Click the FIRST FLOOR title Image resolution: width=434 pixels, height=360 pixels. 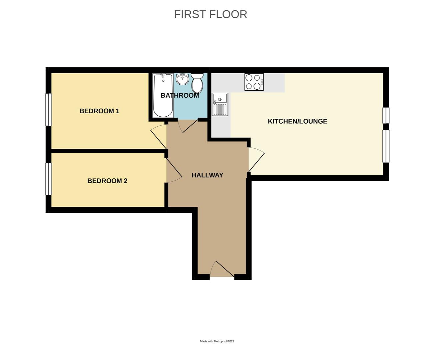[211, 14]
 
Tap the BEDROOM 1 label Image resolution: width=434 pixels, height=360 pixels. [99, 111]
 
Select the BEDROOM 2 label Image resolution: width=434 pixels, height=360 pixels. [107, 181]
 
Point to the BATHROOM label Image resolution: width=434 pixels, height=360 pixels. [180, 95]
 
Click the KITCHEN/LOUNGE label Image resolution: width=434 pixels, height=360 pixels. [297, 121]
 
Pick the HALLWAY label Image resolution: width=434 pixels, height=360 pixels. [207, 175]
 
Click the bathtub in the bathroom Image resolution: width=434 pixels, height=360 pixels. [163, 95]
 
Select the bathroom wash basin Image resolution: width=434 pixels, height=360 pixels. [182, 79]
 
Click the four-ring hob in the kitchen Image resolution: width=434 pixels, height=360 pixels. [254, 82]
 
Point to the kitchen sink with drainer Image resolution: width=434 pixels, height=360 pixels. [220, 104]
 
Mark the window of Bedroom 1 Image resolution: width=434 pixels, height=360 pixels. [49, 109]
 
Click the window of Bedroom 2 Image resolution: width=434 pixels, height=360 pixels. [49, 179]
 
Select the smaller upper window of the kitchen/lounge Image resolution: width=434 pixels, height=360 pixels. [386, 115]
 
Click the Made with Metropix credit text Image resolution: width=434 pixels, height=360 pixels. [217, 341]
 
